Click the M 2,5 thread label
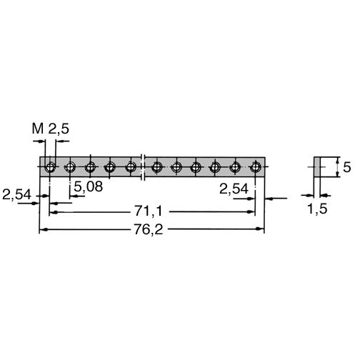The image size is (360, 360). (51, 129)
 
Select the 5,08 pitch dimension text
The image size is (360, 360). (89, 186)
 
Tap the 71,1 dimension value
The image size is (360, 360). (148, 211)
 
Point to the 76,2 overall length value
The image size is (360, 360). (148, 230)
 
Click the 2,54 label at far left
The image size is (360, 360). (16, 194)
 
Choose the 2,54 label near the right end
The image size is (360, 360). (234, 189)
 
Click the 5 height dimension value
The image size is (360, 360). (347, 167)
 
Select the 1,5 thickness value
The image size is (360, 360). (318, 209)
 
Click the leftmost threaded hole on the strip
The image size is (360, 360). (50, 167)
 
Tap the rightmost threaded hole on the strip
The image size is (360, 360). (256, 167)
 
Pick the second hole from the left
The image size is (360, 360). (70, 167)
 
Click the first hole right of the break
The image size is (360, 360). (156, 167)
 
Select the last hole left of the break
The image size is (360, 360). (131, 167)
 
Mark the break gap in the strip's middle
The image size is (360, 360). (143, 167)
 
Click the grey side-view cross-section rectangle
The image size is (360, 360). (316, 167)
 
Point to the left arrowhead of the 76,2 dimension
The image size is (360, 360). (42, 229)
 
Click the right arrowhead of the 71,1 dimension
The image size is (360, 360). (251, 211)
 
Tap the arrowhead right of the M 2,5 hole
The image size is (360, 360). (59, 141)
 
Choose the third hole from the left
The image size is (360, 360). (90, 167)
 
